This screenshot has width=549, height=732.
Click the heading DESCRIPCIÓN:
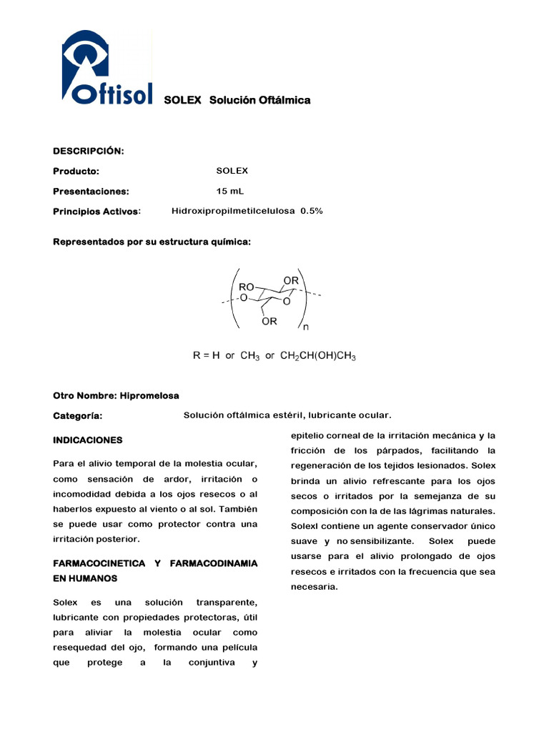(x=89, y=151)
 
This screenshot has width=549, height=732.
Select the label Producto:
(x=76, y=172)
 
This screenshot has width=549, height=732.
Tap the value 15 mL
(x=229, y=191)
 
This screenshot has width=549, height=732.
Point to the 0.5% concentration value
(x=312, y=211)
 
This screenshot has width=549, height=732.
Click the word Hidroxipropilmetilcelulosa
(x=233, y=211)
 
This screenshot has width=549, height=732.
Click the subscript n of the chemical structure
(x=306, y=328)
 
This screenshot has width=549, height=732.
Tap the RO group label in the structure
(x=247, y=286)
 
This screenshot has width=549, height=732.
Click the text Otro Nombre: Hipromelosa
(x=116, y=395)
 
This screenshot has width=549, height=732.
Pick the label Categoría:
(x=77, y=416)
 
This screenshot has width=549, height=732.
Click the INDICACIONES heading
(x=87, y=440)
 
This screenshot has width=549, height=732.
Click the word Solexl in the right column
(x=305, y=526)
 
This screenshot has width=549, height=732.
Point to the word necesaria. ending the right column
(x=314, y=587)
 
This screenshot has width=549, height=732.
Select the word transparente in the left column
(x=227, y=603)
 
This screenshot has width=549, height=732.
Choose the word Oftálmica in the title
(x=284, y=100)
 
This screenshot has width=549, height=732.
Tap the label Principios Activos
(x=97, y=212)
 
